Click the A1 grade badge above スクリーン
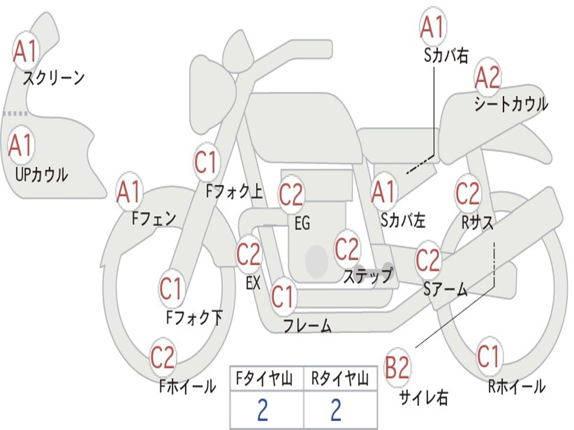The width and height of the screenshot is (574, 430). coord(25,51)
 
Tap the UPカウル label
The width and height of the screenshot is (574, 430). coord(41,175)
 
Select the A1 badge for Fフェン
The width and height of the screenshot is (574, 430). coord(129,191)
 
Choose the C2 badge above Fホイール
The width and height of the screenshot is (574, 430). coord(163,357)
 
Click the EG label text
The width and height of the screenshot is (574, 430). coord(302,223)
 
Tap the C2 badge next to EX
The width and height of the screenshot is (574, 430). coord(249,254)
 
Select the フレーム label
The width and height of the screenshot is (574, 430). coord(307,325)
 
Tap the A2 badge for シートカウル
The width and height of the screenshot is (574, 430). coord(488,78)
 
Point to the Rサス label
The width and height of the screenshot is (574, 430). coord(478,222)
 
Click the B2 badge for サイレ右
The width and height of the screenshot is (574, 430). coord(398,368)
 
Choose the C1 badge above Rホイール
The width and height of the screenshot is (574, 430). coord(488,356)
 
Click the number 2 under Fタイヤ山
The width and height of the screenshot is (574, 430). coord(262,410)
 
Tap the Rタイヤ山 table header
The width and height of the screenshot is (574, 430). coord(340,380)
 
